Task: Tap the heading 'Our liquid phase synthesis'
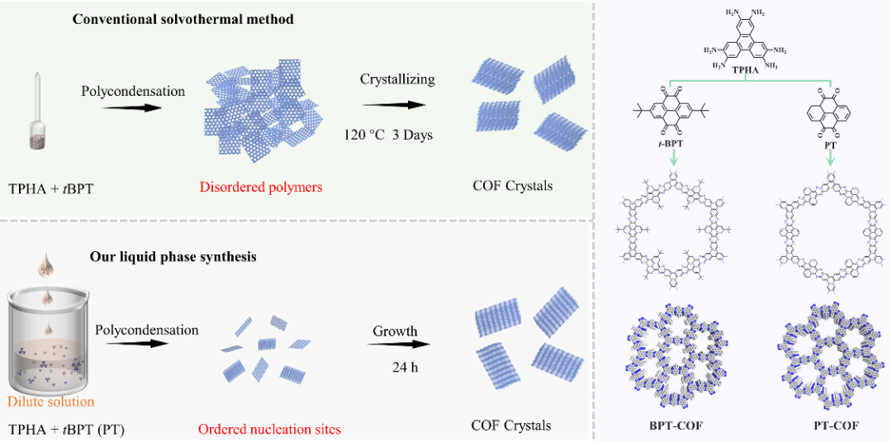(173, 256)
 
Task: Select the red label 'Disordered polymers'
(260, 188)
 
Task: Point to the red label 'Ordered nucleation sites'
(268, 430)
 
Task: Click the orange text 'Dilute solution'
(51, 402)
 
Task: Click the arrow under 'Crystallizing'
(394, 105)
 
